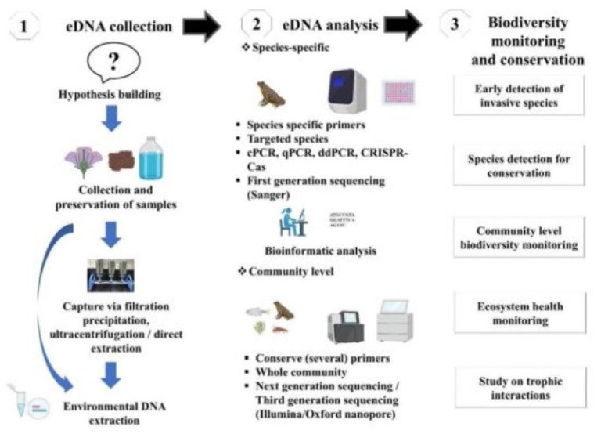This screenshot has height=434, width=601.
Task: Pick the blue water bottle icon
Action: pyautogui.click(x=150, y=159)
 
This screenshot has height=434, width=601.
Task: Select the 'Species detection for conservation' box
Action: pyautogui.click(x=520, y=165)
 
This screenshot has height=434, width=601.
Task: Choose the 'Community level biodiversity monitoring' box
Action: pyautogui.click(x=520, y=237)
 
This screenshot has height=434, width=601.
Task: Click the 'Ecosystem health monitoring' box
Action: pyautogui.click(x=520, y=311)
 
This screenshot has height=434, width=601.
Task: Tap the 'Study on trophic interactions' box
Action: pyautogui.click(x=520, y=388)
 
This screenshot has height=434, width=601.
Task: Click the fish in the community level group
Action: pyautogui.click(x=256, y=311)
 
